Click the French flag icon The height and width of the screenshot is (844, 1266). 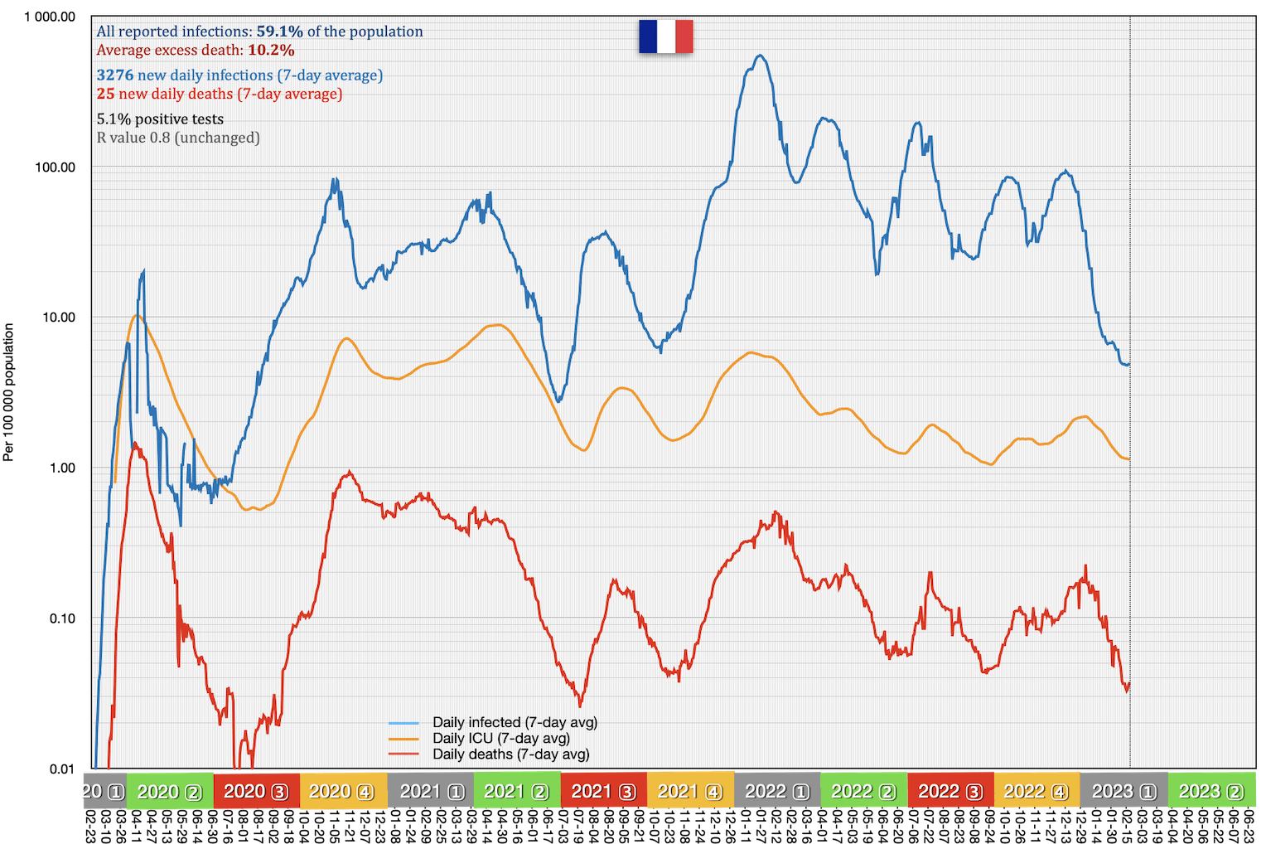(665, 36)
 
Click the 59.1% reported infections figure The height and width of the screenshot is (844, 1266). (279, 32)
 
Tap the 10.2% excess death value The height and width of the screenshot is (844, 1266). (271, 50)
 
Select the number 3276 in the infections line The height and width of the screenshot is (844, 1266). (114, 75)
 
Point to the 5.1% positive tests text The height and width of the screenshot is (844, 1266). (160, 119)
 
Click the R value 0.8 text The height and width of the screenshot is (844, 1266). (178, 138)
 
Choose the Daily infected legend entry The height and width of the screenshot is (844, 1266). (514, 722)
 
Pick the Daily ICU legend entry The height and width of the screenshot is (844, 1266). (500, 738)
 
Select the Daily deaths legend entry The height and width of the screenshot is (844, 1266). (510, 754)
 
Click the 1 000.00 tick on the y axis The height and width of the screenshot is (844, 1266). (50, 17)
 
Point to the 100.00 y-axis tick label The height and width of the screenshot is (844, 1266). (55, 167)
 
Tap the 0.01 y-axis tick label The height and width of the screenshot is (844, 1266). (61, 769)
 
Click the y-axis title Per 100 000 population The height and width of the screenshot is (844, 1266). (9, 392)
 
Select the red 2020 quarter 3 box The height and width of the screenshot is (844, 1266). (256, 791)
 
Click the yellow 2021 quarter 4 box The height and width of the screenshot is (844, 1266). (689, 791)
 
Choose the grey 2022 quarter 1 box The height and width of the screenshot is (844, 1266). (776, 791)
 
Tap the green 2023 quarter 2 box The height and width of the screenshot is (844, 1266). (1210, 791)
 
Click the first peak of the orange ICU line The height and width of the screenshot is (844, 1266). (137, 315)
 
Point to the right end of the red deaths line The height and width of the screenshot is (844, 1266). (1128, 686)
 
